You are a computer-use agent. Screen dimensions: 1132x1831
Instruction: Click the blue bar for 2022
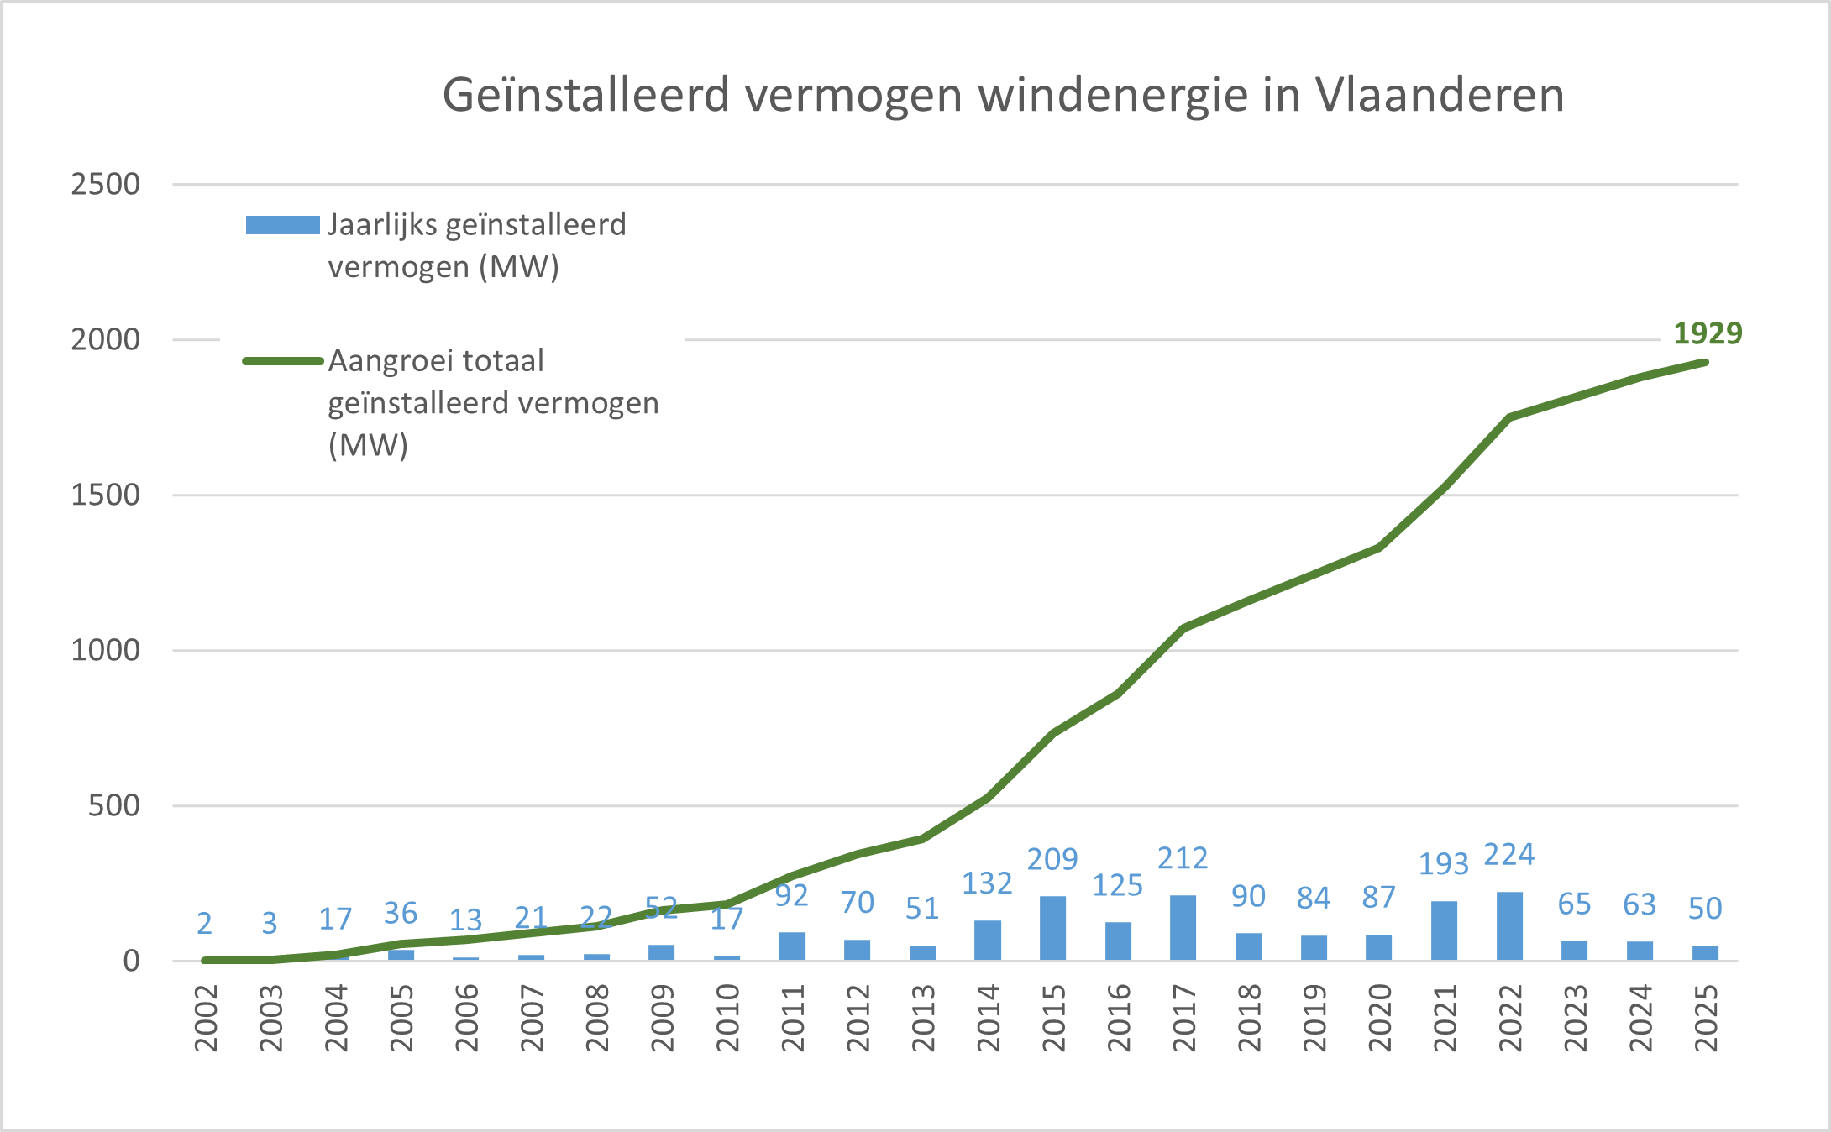click(1509, 926)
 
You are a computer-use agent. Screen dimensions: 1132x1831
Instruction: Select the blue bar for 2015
click(1052, 929)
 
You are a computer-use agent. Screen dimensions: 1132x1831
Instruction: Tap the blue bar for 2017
click(1183, 928)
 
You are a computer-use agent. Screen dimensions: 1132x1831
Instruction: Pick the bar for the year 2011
click(792, 946)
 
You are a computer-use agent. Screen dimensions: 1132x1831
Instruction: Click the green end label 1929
click(1708, 333)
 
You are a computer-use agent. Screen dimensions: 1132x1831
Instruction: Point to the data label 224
click(1509, 855)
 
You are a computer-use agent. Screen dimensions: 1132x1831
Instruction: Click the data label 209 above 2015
click(1052, 859)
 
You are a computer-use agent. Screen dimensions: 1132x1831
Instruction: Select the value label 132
click(987, 883)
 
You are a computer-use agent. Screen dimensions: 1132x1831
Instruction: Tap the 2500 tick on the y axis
click(106, 184)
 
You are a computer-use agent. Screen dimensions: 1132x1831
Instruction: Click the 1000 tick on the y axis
click(106, 650)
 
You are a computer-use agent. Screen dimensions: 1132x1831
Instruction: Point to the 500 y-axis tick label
click(114, 805)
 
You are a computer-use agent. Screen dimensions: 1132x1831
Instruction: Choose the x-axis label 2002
click(206, 1019)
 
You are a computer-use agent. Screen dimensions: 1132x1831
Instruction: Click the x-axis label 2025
click(1706, 1019)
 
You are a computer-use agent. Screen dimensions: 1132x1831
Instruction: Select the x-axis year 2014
click(989, 1019)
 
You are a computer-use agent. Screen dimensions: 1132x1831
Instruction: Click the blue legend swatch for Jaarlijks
click(282, 225)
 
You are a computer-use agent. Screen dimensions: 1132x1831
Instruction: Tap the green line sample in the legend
click(282, 361)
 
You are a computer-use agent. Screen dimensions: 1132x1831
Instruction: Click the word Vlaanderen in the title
click(1440, 94)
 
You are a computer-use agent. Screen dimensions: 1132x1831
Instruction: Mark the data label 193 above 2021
click(1444, 863)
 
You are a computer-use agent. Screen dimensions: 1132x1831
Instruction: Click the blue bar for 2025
click(1705, 953)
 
